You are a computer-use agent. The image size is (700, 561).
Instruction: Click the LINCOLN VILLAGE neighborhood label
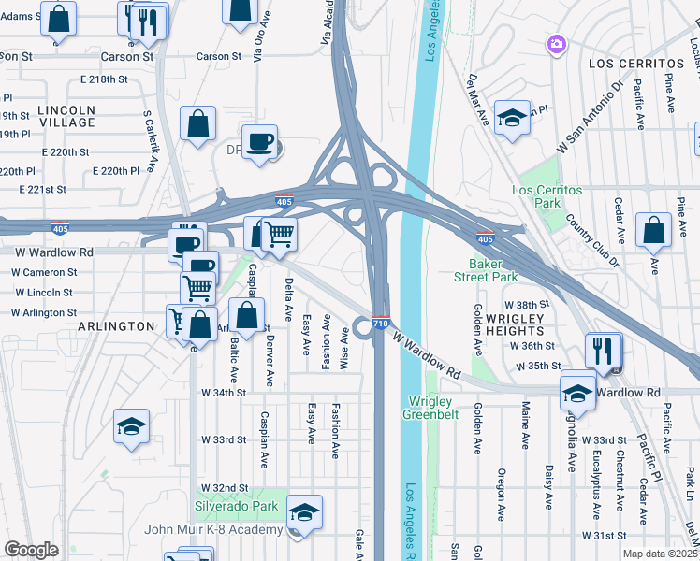point(67,116)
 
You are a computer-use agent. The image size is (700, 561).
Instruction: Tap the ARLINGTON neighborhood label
point(117,326)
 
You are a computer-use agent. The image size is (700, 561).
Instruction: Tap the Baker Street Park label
point(486,270)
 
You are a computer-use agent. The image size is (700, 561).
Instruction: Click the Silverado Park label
point(237,506)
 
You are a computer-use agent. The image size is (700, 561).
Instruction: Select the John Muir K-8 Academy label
point(213,529)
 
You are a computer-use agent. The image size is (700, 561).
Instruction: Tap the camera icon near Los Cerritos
point(557,44)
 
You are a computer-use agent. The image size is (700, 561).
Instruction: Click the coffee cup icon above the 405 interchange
point(259,143)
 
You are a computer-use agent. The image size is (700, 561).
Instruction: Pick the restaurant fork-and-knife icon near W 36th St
point(604,351)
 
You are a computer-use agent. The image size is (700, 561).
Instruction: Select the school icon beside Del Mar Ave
point(512,118)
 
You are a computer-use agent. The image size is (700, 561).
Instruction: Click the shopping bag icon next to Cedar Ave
point(653,230)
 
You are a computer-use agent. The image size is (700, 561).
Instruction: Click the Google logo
point(32,550)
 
